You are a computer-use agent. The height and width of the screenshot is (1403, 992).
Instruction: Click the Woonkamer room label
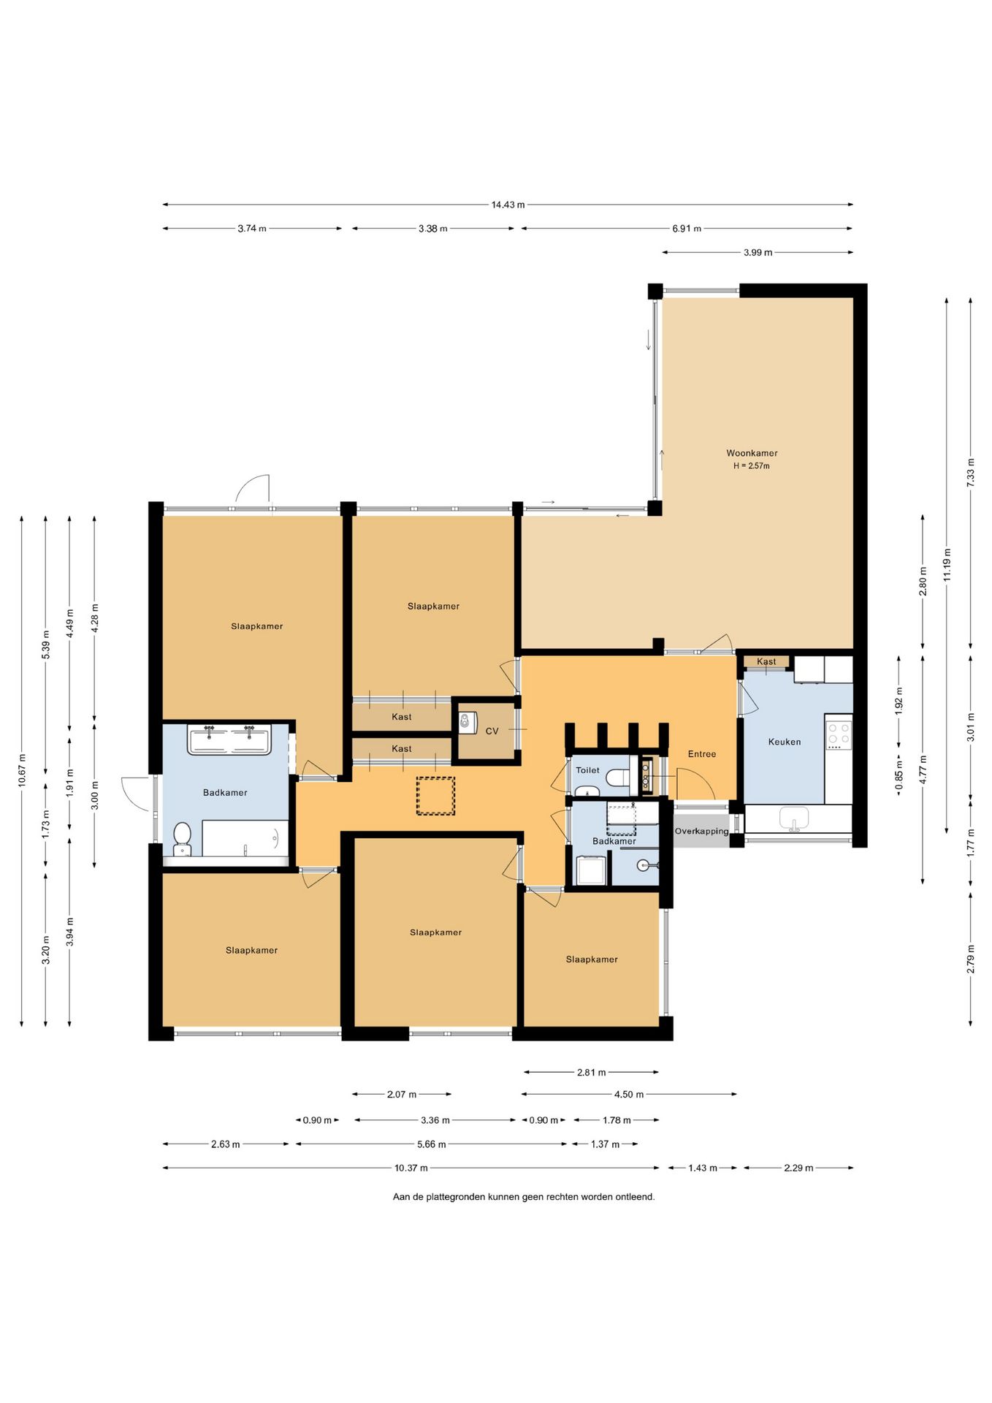pos(752,453)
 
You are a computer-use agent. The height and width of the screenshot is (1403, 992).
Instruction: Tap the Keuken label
pos(785,742)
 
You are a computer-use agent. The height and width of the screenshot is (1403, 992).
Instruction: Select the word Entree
pos(702,754)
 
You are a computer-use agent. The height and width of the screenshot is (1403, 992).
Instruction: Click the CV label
pos(492,731)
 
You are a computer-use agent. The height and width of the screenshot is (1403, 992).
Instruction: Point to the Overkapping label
pos(701,832)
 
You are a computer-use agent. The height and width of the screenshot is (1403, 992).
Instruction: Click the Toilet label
pos(587,770)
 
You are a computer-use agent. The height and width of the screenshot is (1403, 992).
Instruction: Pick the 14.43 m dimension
pos(508,205)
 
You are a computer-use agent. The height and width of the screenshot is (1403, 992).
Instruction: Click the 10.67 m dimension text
pos(22,770)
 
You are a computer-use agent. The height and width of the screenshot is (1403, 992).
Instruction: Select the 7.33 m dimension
pos(970,473)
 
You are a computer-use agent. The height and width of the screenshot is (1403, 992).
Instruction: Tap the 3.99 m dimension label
pos(758,253)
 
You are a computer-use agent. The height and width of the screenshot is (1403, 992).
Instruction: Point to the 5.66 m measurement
pos(431,1144)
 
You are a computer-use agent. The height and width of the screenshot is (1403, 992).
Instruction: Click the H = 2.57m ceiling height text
pos(752,466)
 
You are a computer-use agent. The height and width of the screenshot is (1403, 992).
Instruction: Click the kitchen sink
pos(793,818)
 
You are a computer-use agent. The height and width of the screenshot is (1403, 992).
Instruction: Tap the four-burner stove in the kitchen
pos(839,735)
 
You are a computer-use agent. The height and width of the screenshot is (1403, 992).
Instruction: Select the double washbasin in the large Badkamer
pos(229,739)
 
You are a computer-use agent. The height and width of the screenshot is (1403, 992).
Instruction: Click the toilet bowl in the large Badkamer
pos(182,838)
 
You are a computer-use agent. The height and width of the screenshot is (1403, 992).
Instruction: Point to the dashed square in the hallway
pos(435,796)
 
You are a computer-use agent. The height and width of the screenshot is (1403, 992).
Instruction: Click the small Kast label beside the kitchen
pos(766,662)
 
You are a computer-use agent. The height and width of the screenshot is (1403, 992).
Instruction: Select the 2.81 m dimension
pos(591,1073)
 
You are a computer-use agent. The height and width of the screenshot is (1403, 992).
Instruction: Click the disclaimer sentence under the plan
pos(524,1197)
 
